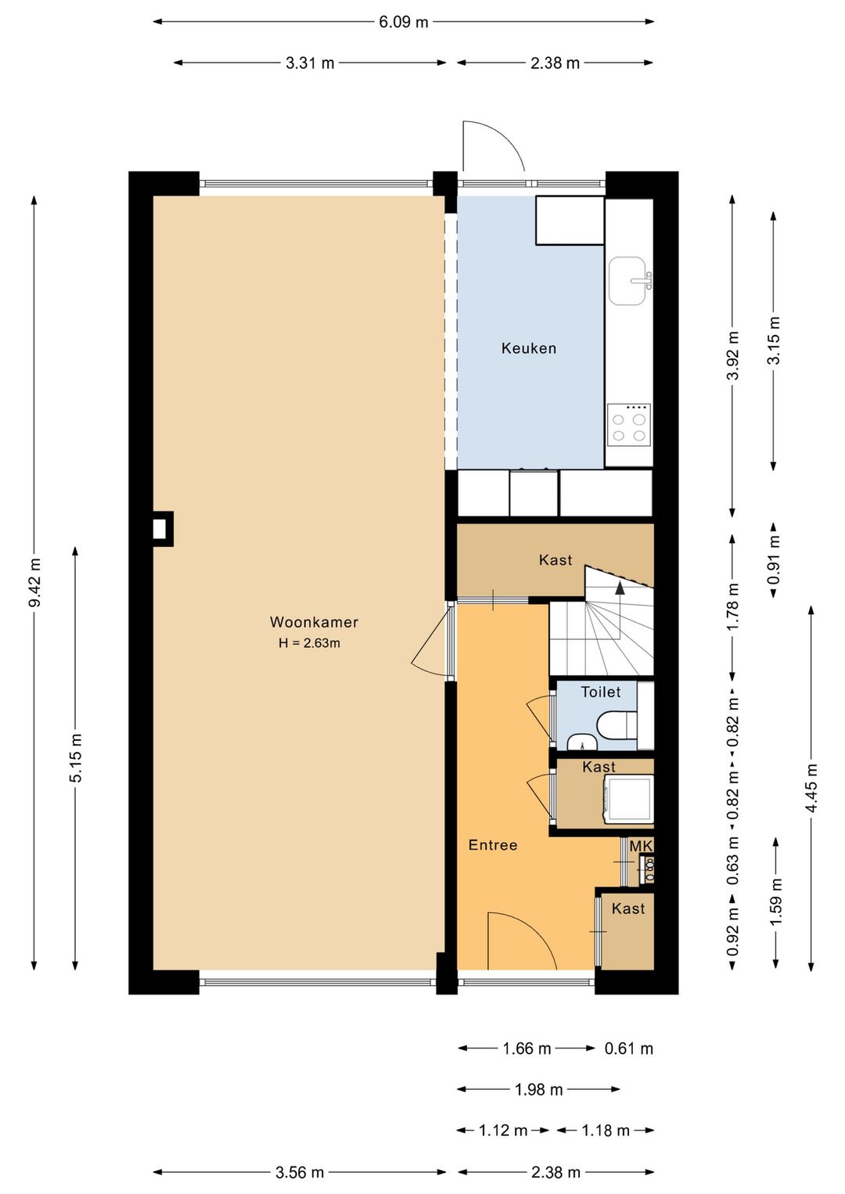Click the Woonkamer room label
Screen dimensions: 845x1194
[314, 622]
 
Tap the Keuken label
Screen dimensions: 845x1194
[529, 349]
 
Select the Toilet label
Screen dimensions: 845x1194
[601, 692]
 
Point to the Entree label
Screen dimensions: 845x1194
[493, 845]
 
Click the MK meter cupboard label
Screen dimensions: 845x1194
[642, 846]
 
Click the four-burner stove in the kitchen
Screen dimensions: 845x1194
[628, 425]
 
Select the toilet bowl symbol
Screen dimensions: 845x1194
[617, 725]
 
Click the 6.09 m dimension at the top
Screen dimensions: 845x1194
[404, 22]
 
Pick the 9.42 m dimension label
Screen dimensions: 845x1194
[34, 583]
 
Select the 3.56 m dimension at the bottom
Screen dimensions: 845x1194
[300, 1172]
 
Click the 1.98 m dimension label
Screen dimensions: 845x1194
[538, 1089]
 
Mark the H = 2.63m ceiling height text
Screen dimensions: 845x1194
[309, 643]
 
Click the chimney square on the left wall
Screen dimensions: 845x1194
[163, 529]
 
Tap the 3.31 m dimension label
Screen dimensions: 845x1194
[310, 63]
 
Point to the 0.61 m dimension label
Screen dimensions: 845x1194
[628, 1048]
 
